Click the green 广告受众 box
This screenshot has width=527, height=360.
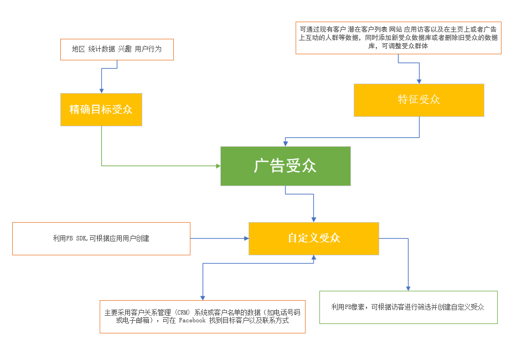tap(285, 166)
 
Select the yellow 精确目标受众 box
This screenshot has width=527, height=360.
tap(101, 109)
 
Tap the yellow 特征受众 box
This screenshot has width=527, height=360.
tap(418, 100)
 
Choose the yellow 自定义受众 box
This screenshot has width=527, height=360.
tap(313, 238)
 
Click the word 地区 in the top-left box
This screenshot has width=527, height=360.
tap(78, 49)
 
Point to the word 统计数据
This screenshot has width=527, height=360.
tap(101, 49)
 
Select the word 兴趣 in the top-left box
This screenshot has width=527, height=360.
tap(125, 49)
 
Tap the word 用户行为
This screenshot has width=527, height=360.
tap(148, 49)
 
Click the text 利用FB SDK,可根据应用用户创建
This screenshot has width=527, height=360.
tap(101, 239)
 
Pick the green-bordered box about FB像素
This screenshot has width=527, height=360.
tap(408, 307)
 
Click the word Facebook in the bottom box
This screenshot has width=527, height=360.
tap(192, 321)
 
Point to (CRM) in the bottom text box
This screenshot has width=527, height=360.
tap(180, 312)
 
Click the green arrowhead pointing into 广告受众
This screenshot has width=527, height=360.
tap(217, 166)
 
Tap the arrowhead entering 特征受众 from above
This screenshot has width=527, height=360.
tap(418, 80)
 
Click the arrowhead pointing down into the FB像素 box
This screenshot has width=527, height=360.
tap(408, 287)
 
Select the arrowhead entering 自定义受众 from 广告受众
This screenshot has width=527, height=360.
tap(313, 219)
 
